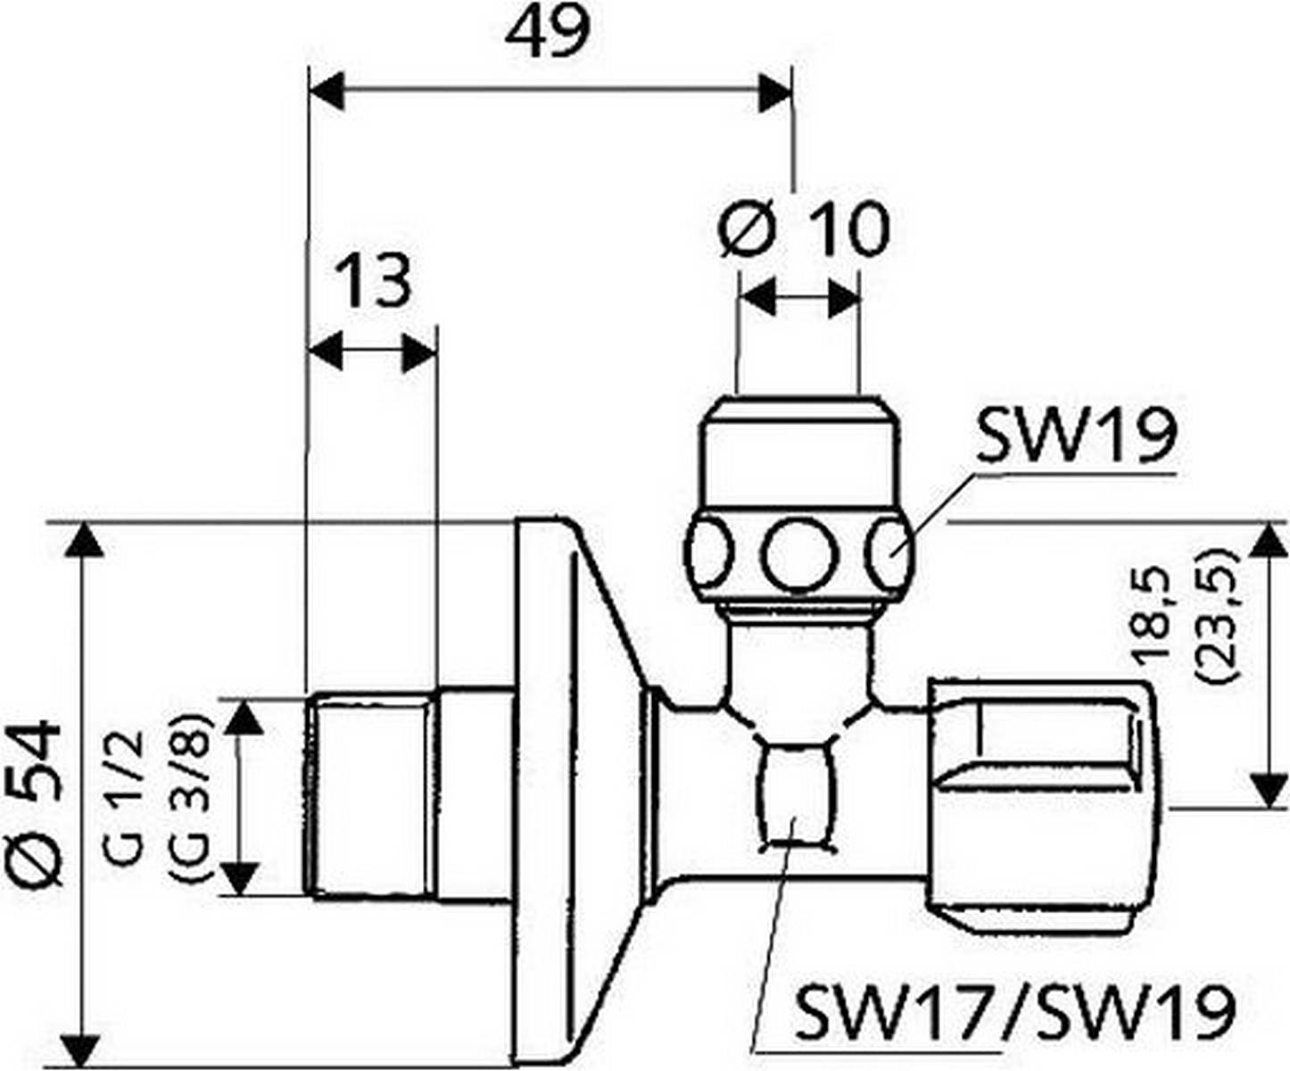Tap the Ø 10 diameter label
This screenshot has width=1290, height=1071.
pyautogui.click(x=804, y=228)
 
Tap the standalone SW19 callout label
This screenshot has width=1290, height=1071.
pyautogui.click(x=1077, y=436)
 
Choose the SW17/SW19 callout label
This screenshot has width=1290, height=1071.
pyautogui.click(x=1014, y=1011)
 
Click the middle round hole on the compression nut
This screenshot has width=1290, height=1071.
pyautogui.click(x=800, y=554)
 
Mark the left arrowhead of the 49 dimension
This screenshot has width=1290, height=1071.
pyautogui.click(x=325, y=92)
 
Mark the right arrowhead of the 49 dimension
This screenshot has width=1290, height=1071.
pyautogui.click(x=774, y=92)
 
